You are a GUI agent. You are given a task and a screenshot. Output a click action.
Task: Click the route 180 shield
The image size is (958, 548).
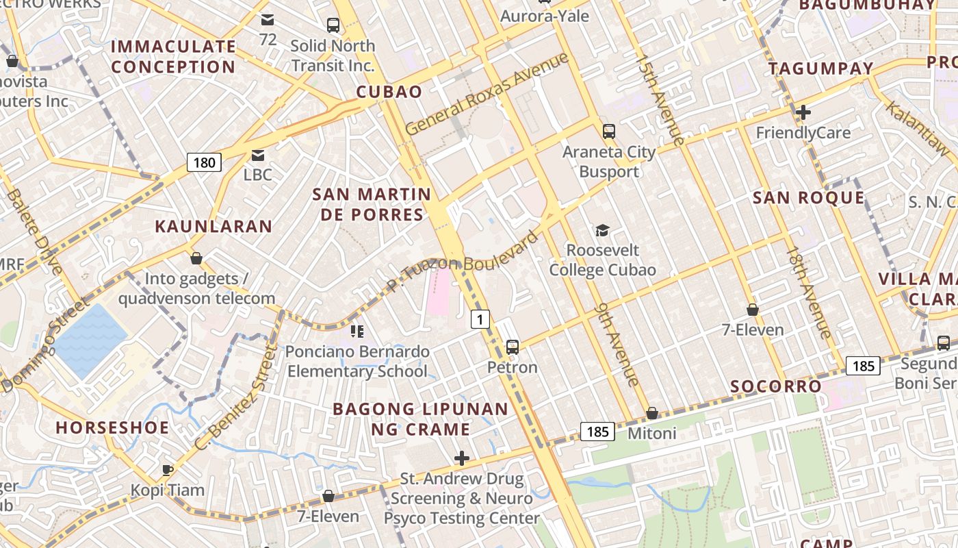click(x=204, y=162)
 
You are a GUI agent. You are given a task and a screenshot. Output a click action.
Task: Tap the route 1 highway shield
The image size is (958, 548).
click(x=480, y=319)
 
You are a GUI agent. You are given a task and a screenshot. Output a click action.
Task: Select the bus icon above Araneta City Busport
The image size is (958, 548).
click(x=608, y=132)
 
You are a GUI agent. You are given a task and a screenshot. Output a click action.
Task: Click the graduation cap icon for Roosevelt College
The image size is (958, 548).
click(x=602, y=230)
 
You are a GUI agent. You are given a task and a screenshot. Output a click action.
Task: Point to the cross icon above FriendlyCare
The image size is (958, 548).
click(x=803, y=112)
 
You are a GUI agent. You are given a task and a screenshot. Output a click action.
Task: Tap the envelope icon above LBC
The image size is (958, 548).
click(x=258, y=155)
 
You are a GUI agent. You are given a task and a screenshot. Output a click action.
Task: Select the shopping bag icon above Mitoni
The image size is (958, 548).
click(x=652, y=413)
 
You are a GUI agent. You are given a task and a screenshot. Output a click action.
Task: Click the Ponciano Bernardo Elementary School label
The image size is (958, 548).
click(x=357, y=362)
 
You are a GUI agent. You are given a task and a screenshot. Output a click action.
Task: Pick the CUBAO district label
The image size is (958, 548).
click(x=389, y=92)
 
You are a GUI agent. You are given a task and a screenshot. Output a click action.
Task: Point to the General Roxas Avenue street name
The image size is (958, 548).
click(x=487, y=94)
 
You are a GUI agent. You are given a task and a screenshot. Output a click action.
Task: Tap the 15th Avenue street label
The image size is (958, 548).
click(x=660, y=100)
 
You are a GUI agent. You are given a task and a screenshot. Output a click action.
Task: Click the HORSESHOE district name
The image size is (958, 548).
click(x=112, y=427)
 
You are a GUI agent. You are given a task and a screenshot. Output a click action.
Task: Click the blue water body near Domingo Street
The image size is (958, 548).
click(x=89, y=340)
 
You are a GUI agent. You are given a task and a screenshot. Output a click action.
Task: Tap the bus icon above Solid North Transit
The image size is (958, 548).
click(x=333, y=25)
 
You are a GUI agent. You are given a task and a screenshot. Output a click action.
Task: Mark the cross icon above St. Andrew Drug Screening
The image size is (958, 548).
click(x=462, y=458)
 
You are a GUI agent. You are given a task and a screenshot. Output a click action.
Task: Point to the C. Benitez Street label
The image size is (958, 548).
click(x=235, y=398)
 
